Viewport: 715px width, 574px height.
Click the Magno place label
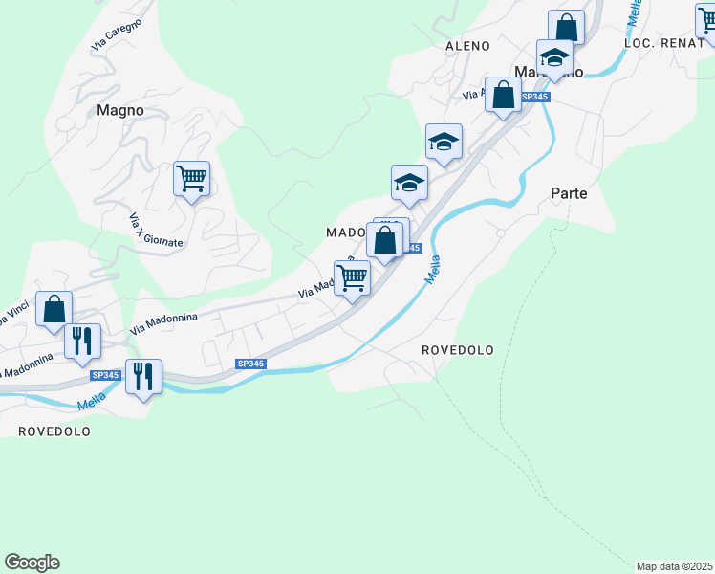coord(120,110)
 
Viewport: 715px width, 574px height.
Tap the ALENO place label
coord(467,46)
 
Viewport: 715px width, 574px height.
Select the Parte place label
coord(569,193)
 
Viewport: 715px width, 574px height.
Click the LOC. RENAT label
coord(663,44)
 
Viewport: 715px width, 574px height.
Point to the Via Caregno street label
coord(117,34)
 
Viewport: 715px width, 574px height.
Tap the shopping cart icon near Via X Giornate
coord(191,178)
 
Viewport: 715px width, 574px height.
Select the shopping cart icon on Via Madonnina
coord(352,278)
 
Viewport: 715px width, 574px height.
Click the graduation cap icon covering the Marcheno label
coord(554,57)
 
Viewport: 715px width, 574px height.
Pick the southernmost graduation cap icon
coord(409,183)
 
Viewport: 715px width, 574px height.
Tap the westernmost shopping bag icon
coord(54,309)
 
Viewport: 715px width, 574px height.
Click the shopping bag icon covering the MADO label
coord(384,241)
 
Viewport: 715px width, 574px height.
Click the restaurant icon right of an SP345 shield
coord(143,376)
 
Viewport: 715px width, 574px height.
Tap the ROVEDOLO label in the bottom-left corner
coord(54,431)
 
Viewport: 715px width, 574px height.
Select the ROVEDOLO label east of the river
coord(458,350)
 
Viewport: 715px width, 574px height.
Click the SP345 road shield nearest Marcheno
coord(535,97)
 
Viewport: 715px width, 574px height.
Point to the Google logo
coord(32,563)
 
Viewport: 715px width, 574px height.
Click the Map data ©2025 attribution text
coord(675,566)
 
